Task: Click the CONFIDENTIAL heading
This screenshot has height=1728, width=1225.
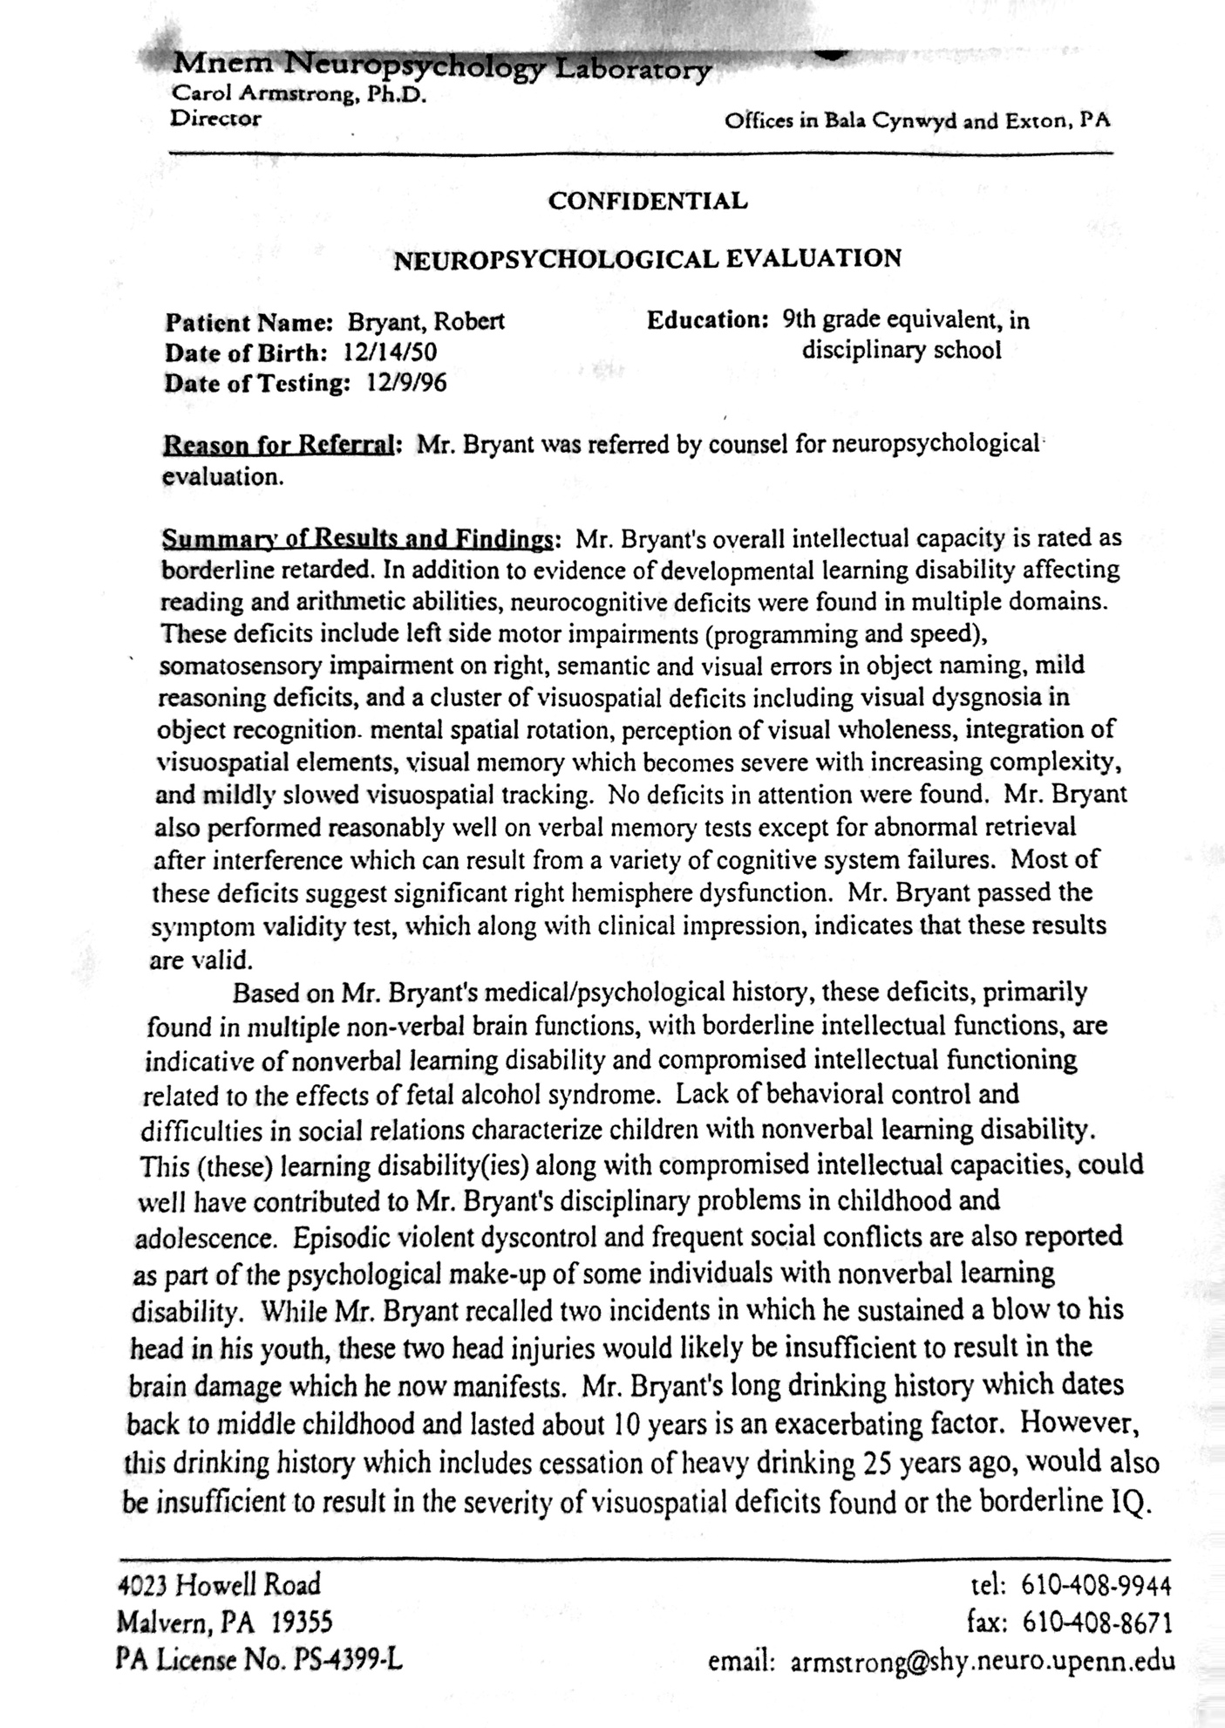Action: coord(647,201)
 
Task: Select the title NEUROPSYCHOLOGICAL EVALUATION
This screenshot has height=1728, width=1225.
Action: coord(647,259)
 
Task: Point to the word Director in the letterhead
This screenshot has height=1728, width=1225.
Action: coord(215,118)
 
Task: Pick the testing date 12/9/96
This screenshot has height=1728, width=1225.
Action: coord(406,383)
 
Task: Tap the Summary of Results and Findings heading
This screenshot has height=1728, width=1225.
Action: coord(357,539)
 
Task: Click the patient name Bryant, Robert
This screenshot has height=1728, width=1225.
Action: coord(426,322)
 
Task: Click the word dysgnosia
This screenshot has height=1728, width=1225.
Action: coord(990,698)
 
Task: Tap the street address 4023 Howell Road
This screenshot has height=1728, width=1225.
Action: coord(219,1585)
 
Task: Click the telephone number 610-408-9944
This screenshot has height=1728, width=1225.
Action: coord(1095,1584)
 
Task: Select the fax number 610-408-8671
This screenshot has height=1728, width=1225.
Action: coord(1097,1622)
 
